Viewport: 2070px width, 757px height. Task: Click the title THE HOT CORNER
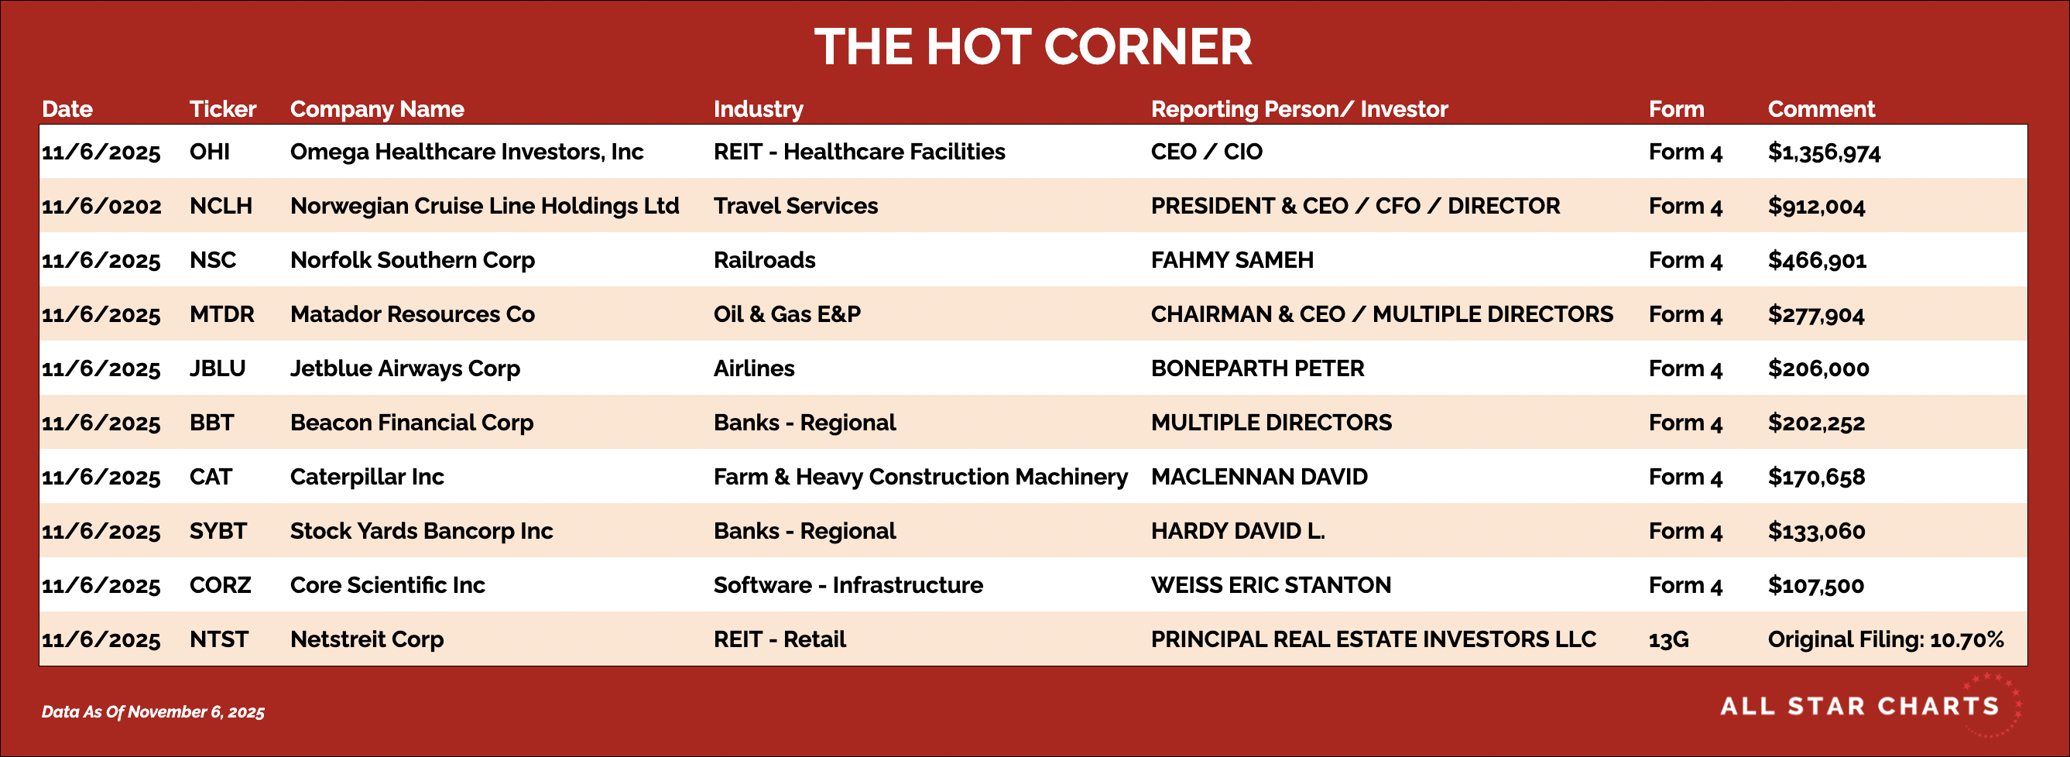(x=1033, y=46)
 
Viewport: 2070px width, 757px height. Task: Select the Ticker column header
(x=223, y=108)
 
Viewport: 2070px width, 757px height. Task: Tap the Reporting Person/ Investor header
(x=1300, y=108)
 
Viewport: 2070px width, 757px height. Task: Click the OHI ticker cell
(x=210, y=151)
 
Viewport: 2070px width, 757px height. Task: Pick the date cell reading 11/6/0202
(x=101, y=206)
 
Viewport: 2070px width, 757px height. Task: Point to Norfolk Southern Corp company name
(x=413, y=259)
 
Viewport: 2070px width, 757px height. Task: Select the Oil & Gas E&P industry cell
(x=787, y=313)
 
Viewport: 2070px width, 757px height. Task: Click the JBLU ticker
(x=217, y=368)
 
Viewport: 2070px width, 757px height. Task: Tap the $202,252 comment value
(x=1816, y=423)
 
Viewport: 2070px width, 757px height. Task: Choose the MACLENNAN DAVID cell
(x=1259, y=477)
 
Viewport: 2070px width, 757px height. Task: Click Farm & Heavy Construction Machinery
(x=921, y=477)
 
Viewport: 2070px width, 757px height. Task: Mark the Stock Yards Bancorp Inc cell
(x=421, y=530)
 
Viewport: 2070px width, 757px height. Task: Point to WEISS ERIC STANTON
(x=1270, y=584)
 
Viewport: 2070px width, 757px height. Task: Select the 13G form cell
(x=1668, y=639)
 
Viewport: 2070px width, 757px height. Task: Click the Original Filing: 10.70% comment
(x=1885, y=639)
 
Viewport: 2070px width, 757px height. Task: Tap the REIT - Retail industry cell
(x=780, y=639)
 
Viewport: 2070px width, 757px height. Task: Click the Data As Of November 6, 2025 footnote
(x=153, y=711)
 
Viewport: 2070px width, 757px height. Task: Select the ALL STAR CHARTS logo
(x=1869, y=706)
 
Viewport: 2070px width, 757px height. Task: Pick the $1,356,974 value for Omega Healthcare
(x=1824, y=152)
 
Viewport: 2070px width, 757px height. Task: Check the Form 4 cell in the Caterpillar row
(x=1685, y=477)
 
